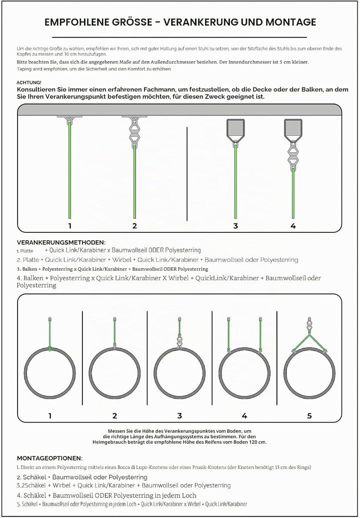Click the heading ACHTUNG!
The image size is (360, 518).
tap(29, 82)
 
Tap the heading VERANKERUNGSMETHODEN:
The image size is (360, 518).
tap(61, 243)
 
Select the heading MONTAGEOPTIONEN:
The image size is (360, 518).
tap(49, 459)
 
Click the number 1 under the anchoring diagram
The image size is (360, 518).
tap(70, 226)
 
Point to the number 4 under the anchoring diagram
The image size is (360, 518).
tap(293, 226)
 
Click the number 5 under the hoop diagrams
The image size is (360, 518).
tap(309, 416)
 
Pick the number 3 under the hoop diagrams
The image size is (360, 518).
tap(179, 416)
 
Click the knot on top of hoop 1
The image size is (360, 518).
tap(49, 349)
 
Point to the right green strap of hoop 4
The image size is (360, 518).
tap(260, 334)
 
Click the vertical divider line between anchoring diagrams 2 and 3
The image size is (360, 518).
tap(187, 174)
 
